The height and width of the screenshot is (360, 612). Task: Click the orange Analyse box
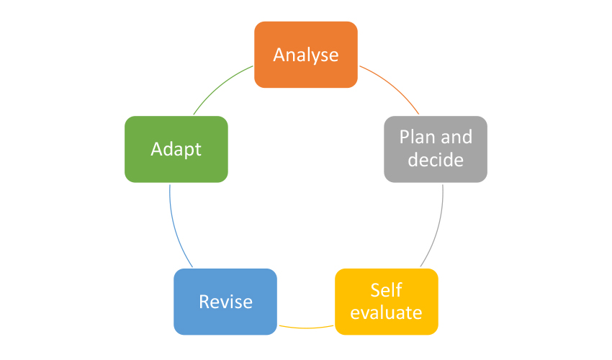(x=306, y=55)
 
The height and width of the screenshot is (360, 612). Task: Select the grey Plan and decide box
(x=436, y=149)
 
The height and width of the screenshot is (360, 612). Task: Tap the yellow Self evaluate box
(x=387, y=302)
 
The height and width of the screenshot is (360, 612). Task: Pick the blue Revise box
(x=225, y=302)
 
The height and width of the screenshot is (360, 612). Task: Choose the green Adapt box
(x=176, y=149)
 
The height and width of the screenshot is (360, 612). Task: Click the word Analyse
(x=306, y=55)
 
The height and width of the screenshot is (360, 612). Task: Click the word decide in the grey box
(x=436, y=160)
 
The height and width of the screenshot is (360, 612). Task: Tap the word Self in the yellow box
(x=386, y=290)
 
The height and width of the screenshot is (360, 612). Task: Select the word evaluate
(x=386, y=312)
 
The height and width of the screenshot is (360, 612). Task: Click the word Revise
(x=225, y=302)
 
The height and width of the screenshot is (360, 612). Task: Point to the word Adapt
(x=176, y=150)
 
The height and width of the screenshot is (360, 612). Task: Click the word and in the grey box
(x=456, y=137)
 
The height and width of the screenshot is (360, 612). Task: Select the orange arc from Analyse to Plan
(x=392, y=86)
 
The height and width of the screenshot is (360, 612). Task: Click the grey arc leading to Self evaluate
(x=438, y=228)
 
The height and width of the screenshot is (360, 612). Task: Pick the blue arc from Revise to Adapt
(x=175, y=228)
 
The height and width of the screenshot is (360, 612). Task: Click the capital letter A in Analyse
(x=279, y=55)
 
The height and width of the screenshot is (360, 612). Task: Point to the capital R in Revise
(x=204, y=302)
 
